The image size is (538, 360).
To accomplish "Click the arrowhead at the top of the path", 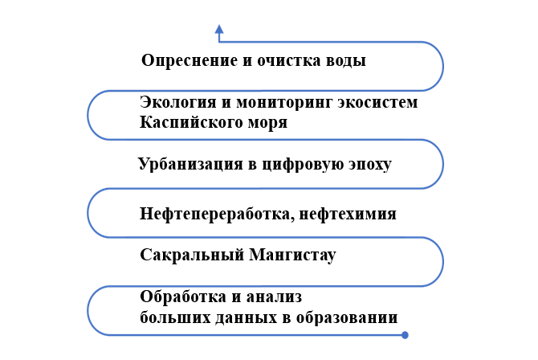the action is click(219, 29).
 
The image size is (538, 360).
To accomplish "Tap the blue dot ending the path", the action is click(405, 335).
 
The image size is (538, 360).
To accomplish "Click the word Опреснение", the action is click(190, 61).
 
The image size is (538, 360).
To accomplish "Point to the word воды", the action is click(346, 61).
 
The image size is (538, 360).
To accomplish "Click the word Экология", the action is click(177, 102).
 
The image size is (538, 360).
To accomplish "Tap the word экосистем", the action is click(377, 102).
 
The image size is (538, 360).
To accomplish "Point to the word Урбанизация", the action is click(190, 164).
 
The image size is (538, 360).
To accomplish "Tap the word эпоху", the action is click(370, 165).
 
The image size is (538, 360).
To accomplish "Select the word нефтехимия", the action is click(348, 214).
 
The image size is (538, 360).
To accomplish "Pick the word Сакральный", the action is click(192, 256).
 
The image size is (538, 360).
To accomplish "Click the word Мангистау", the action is click(292, 256).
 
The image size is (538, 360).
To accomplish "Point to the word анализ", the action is click(274, 297).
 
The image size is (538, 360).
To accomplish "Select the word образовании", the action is click(347, 317).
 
